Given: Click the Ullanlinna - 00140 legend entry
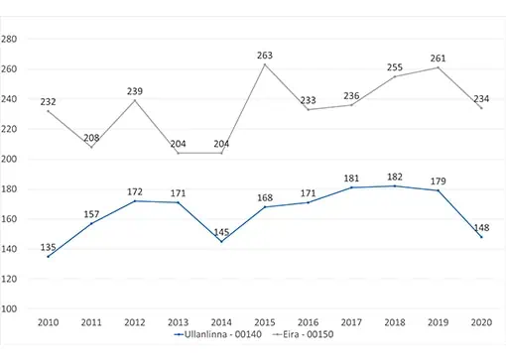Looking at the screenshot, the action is tap(217, 334).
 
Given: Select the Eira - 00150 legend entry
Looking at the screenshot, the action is tap(303, 334).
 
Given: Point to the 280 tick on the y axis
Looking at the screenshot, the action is tap(9, 39).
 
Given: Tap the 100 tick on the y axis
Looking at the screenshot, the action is tap(9, 308).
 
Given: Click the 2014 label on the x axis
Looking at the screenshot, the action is tap(221, 322).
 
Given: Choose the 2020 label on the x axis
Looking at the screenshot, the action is tap(481, 322).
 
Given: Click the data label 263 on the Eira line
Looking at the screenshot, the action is tap(265, 56).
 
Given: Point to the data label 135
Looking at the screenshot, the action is tap(48, 247).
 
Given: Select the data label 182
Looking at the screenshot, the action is tap(395, 177).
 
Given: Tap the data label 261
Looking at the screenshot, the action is tap(438, 59).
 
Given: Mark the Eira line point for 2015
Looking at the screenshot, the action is tap(265, 64).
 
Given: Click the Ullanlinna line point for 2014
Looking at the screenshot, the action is tap(221, 241).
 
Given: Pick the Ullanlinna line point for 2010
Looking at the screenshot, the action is tap(48, 257).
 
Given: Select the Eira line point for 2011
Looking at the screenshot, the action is tap(91, 147).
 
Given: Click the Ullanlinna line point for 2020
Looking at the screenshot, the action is tap(481, 237).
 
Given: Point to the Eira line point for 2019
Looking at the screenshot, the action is tap(438, 67).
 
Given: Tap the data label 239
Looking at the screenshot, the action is tap(135, 91).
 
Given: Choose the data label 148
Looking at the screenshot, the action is tap(481, 228).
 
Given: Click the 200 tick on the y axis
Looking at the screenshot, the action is tap(9, 159).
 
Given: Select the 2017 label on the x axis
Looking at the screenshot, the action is tap(351, 322).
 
